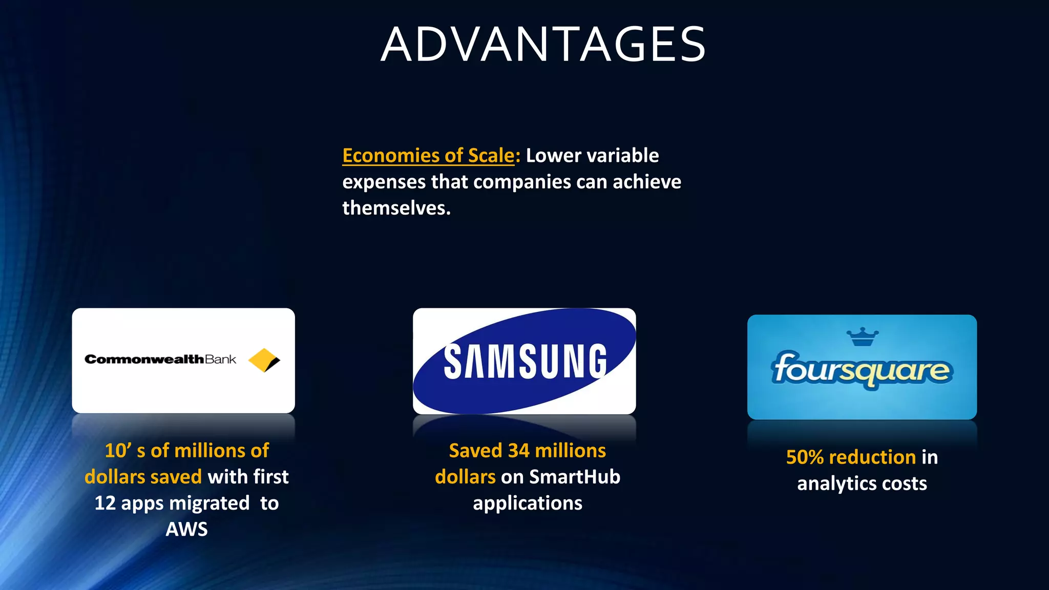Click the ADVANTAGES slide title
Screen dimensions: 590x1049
543,45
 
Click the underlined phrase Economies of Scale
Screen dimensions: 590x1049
428,155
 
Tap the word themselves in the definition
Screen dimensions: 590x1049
396,208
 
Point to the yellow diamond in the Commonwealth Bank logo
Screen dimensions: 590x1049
264,360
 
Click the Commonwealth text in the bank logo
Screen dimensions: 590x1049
144,359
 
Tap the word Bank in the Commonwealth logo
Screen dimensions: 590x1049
221,359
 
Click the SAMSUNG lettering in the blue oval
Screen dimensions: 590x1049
525,362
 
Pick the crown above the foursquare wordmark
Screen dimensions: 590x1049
862,337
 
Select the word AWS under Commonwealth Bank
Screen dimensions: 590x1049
186,529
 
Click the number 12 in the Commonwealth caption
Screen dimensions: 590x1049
105,503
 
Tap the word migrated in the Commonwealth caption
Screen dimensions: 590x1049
209,503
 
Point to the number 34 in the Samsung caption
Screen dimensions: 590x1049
518,451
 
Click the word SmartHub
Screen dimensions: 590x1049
574,477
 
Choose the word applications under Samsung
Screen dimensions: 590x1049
528,503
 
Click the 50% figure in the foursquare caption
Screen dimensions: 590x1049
805,457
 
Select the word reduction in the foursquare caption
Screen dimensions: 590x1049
872,457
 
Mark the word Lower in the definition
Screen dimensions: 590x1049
549,155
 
